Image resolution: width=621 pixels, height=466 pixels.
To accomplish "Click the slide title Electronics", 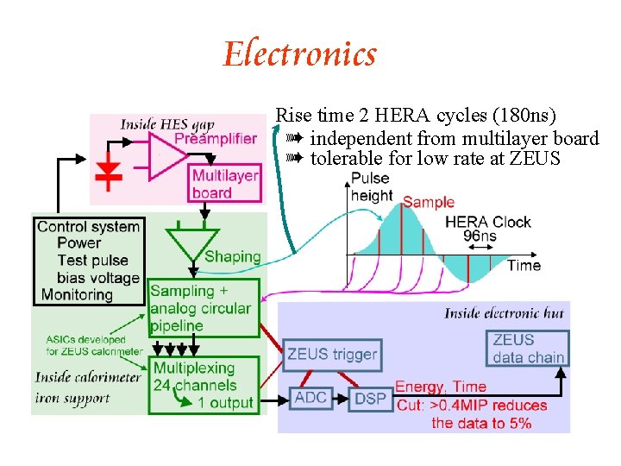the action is [x=300, y=54].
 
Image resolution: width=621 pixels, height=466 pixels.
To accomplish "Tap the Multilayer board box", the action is [x=224, y=184].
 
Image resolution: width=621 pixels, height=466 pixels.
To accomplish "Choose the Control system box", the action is [x=89, y=261].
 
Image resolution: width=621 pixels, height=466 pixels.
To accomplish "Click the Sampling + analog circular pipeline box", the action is [x=204, y=308].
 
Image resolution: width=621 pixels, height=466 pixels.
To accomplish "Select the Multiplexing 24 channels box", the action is [x=203, y=385].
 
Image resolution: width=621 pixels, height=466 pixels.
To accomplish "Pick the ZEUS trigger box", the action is [x=332, y=354].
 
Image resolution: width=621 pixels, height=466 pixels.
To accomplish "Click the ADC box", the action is [x=310, y=397].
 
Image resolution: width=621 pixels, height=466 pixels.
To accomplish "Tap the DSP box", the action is [x=369, y=398].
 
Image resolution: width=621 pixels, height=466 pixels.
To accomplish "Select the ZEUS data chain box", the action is [x=528, y=348].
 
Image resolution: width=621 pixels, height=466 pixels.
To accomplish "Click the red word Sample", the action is [x=428, y=202].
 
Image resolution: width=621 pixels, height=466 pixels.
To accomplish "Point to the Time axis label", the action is [x=523, y=265].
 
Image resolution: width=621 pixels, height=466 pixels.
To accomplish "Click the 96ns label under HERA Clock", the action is [x=479, y=236].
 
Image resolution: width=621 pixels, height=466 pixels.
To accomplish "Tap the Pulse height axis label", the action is [x=371, y=187].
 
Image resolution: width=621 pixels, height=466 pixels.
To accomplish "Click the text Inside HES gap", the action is [x=167, y=125].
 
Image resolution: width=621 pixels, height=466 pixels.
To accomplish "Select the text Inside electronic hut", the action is [x=504, y=313].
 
